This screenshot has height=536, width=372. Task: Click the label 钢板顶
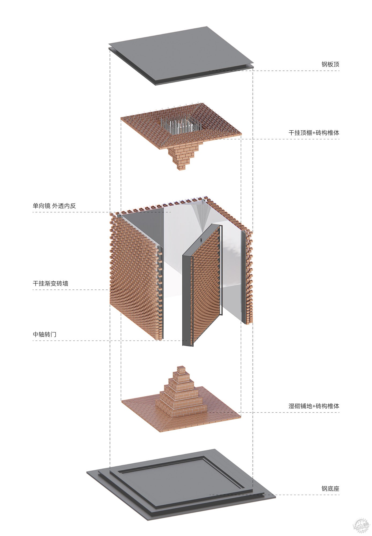click(330, 65)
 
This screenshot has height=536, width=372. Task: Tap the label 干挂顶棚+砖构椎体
click(314, 133)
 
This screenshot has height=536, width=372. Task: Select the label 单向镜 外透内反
click(54, 206)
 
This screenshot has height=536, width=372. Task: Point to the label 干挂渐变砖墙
click(50, 283)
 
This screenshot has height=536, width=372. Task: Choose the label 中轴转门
click(44, 334)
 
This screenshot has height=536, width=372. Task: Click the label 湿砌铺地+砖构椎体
click(314, 406)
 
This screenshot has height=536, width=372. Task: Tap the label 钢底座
click(330, 489)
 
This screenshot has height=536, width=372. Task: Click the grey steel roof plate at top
click(181, 55)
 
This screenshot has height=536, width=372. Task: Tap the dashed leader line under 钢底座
click(274, 495)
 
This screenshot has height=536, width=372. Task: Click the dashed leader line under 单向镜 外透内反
click(102, 212)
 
